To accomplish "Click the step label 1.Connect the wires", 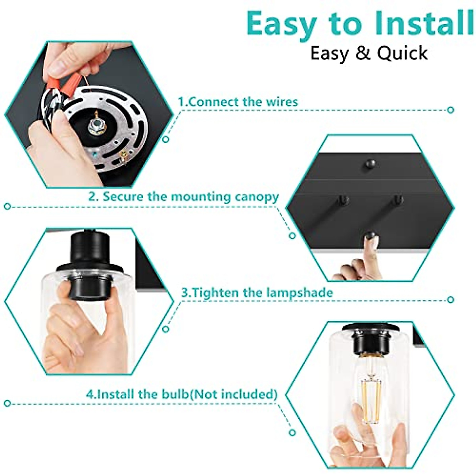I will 237,102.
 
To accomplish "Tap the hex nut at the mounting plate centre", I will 96,127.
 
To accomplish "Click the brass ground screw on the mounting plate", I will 123,157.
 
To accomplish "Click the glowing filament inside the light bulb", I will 371,395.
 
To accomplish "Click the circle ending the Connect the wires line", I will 450,110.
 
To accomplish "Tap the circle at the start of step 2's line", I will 7,206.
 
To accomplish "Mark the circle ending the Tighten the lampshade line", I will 450,299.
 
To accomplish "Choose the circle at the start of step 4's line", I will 7,403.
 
